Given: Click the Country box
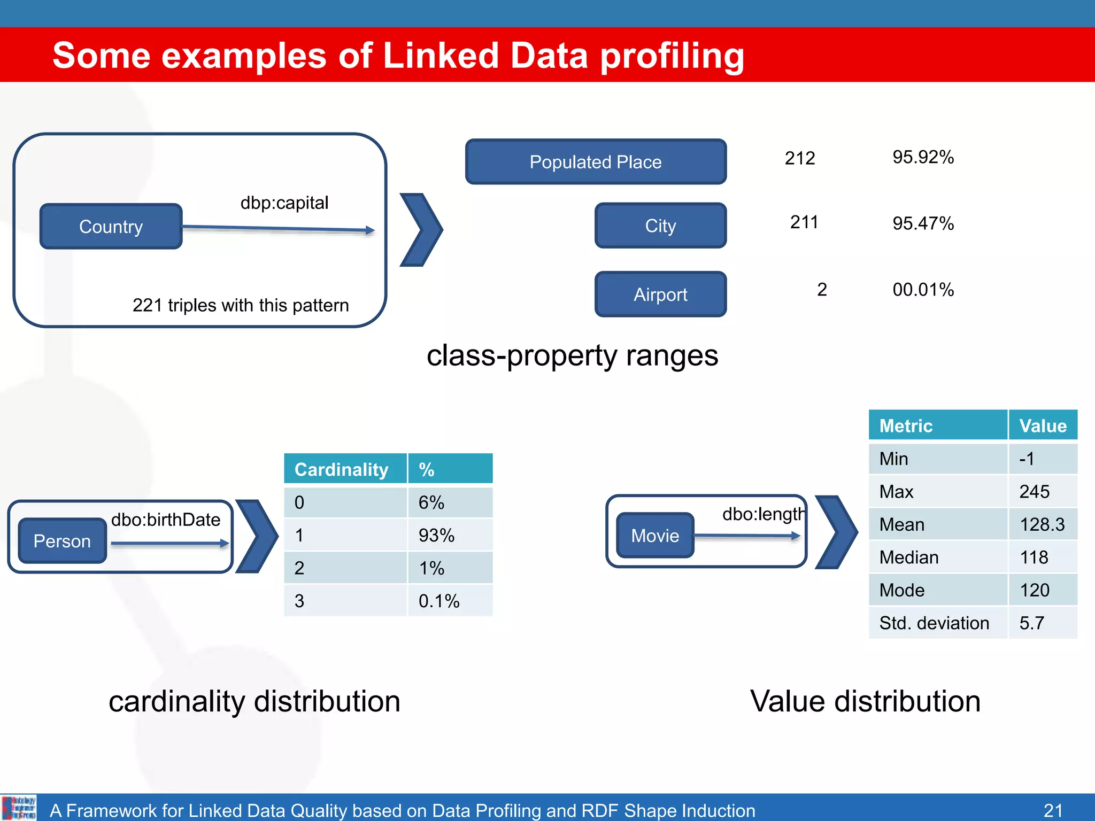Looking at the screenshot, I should (x=111, y=227).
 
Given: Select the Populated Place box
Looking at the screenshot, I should (x=596, y=162).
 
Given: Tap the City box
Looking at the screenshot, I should (x=660, y=226).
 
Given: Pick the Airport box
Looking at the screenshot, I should (x=660, y=295).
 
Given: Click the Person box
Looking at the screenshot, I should (x=62, y=541).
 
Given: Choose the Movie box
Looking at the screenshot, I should (x=655, y=536).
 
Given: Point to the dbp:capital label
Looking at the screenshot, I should (x=284, y=203).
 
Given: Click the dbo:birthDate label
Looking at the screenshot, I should (x=166, y=520).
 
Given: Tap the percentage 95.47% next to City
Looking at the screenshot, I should (x=923, y=223).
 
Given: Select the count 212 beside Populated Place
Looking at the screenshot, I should (x=800, y=158).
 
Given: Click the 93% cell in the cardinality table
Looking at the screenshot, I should (x=436, y=535).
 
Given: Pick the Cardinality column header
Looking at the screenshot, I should (x=342, y=469).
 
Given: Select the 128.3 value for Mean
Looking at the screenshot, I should (x=1042, y=524).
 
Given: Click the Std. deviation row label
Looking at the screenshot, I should (x=934, y=623).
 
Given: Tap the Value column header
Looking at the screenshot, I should (x=1043, y=426).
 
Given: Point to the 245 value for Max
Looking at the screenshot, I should (x=1034, y=492).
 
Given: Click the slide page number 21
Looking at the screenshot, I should (x=1053, y=810).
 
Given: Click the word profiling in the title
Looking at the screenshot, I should (x=672, y=56).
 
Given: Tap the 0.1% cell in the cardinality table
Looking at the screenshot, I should (x=438, y=601).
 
